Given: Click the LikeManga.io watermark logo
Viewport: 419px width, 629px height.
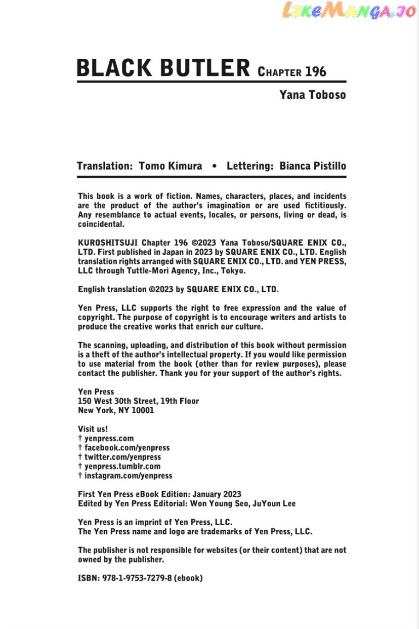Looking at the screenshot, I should pos(349,11).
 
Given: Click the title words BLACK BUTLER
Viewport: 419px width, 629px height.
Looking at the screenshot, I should pos(163,68).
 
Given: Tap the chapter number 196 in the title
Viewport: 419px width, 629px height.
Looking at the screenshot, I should pos(316,71).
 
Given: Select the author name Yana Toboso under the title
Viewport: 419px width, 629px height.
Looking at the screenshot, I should pos(312,95).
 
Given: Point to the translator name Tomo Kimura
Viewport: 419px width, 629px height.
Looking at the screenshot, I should pos(170,166).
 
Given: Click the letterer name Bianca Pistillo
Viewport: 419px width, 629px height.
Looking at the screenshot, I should pos(313,166).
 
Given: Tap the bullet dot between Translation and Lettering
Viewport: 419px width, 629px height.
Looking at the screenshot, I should pos(215,166).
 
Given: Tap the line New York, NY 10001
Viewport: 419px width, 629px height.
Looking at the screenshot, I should pos(116,410).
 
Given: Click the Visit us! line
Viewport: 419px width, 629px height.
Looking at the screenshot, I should pos(93,429).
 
